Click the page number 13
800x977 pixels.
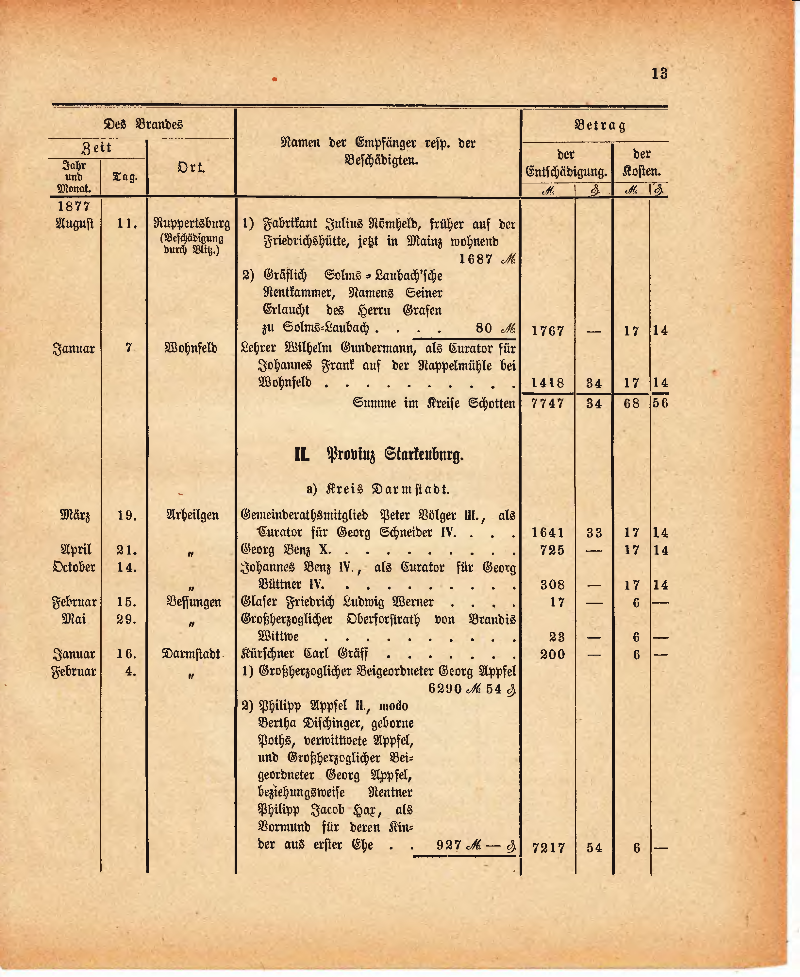[x=659, y=74]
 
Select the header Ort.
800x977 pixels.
[x=191, y=167]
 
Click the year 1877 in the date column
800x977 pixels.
[x=74, y=206]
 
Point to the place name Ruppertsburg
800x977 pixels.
[x=192, y=224]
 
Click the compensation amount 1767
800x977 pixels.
[x=547, y=331]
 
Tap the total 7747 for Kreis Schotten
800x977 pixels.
[x=547, y=403]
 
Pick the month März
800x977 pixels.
[x=75, y=515]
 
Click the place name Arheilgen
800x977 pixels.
[x=192, y=515]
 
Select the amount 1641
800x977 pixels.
[x=547, y=533]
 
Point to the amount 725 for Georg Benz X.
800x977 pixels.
[x=552, y=550]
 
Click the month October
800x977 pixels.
[x=74, y=567]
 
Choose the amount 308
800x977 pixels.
[x=552, y=585]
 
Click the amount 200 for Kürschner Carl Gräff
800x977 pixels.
[x=552, y=654]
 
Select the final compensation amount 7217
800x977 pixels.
[x=548, y=848]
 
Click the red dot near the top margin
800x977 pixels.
[x=274, y=79]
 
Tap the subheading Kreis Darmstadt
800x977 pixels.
[x=378, y=489]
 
